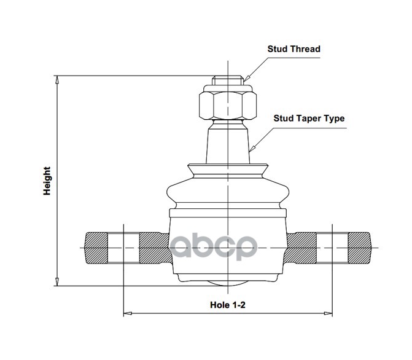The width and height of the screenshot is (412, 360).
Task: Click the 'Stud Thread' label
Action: [293, 49]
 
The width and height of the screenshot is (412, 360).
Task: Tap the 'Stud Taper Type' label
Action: [309, 119]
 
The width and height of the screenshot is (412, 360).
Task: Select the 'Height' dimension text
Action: [47, 181]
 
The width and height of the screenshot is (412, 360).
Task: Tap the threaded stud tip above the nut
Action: [227, 80]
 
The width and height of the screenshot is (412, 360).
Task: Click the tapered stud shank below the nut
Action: [227, 141]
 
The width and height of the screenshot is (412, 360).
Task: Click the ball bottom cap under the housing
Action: [227, 283]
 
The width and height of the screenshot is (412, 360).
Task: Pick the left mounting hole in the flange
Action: [123, 248]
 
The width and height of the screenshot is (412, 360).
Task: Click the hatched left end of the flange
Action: [95, 248]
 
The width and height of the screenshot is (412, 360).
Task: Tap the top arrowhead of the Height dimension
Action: [56, 79]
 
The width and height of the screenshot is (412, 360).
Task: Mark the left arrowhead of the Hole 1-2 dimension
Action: [127, 314]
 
